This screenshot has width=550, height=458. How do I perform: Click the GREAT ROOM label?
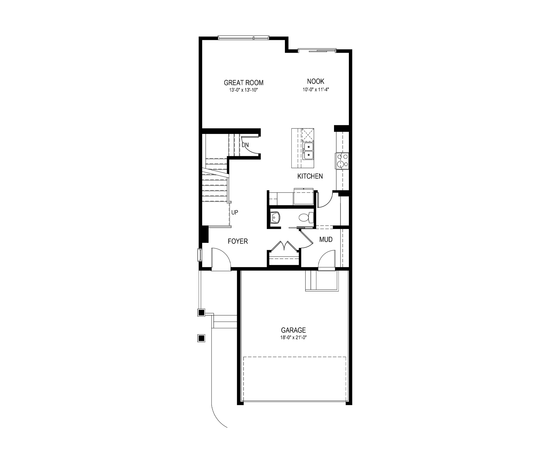(243, 83)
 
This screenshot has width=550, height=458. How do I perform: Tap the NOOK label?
(315, 81)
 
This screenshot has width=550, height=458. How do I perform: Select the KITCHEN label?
(310, 176)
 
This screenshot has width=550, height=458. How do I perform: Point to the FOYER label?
(238, 241)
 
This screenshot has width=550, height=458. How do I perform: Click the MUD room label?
(326, 240)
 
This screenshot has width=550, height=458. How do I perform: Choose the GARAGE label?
(293, 330)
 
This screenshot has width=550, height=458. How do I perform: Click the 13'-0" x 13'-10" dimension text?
(243, 90)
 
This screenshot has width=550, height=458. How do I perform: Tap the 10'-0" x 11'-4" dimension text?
(315, 90)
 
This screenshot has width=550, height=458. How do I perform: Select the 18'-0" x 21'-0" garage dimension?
(293, 338)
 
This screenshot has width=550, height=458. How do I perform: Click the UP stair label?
(235, 213)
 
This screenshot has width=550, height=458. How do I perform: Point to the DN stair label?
(245, 145)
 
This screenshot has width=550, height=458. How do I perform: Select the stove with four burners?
(342, 161)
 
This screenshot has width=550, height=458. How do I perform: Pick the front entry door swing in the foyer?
(220, 259)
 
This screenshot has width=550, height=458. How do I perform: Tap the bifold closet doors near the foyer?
(284, 246)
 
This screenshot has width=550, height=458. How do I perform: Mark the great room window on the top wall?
(243, 38)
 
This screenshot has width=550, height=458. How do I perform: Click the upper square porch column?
(201, 313)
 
